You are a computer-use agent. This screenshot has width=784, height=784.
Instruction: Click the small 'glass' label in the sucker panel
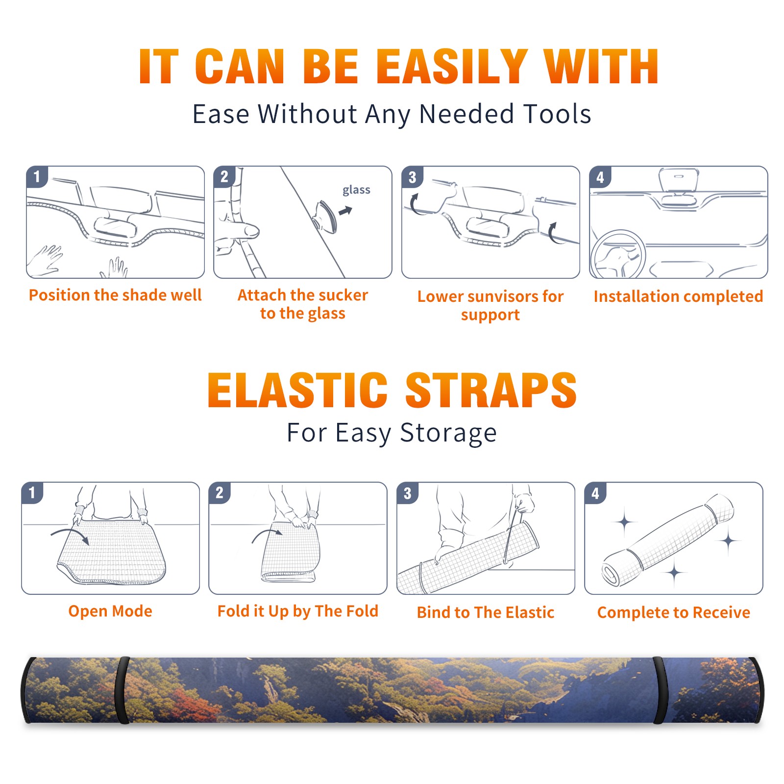click(x=356, y=190)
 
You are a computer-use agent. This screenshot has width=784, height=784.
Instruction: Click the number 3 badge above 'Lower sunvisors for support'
click(x=413, y=177)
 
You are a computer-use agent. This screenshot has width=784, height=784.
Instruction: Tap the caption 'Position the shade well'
click(x=115, y=295)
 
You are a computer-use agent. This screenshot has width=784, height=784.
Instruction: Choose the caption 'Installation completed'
click(x=678, y=296)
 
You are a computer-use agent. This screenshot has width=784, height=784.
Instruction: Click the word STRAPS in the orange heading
click(x=491, y=390)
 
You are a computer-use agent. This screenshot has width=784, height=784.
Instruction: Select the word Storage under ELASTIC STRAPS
click(x=448, y=433)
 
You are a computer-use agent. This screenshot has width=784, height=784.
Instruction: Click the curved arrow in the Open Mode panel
click(x=70, y=535)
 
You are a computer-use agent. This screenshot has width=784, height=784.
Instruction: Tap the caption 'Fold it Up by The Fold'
click(x=298, y=611)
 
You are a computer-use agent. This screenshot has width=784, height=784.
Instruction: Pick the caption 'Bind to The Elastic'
click(x=486, y=612)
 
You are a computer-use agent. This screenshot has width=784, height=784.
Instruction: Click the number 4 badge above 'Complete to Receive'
click(x=595, y=493)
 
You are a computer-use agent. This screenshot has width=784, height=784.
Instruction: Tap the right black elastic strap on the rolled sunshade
click(x=661, y=690)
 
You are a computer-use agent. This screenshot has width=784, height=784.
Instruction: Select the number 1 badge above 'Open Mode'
click(x=32, y=493)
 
